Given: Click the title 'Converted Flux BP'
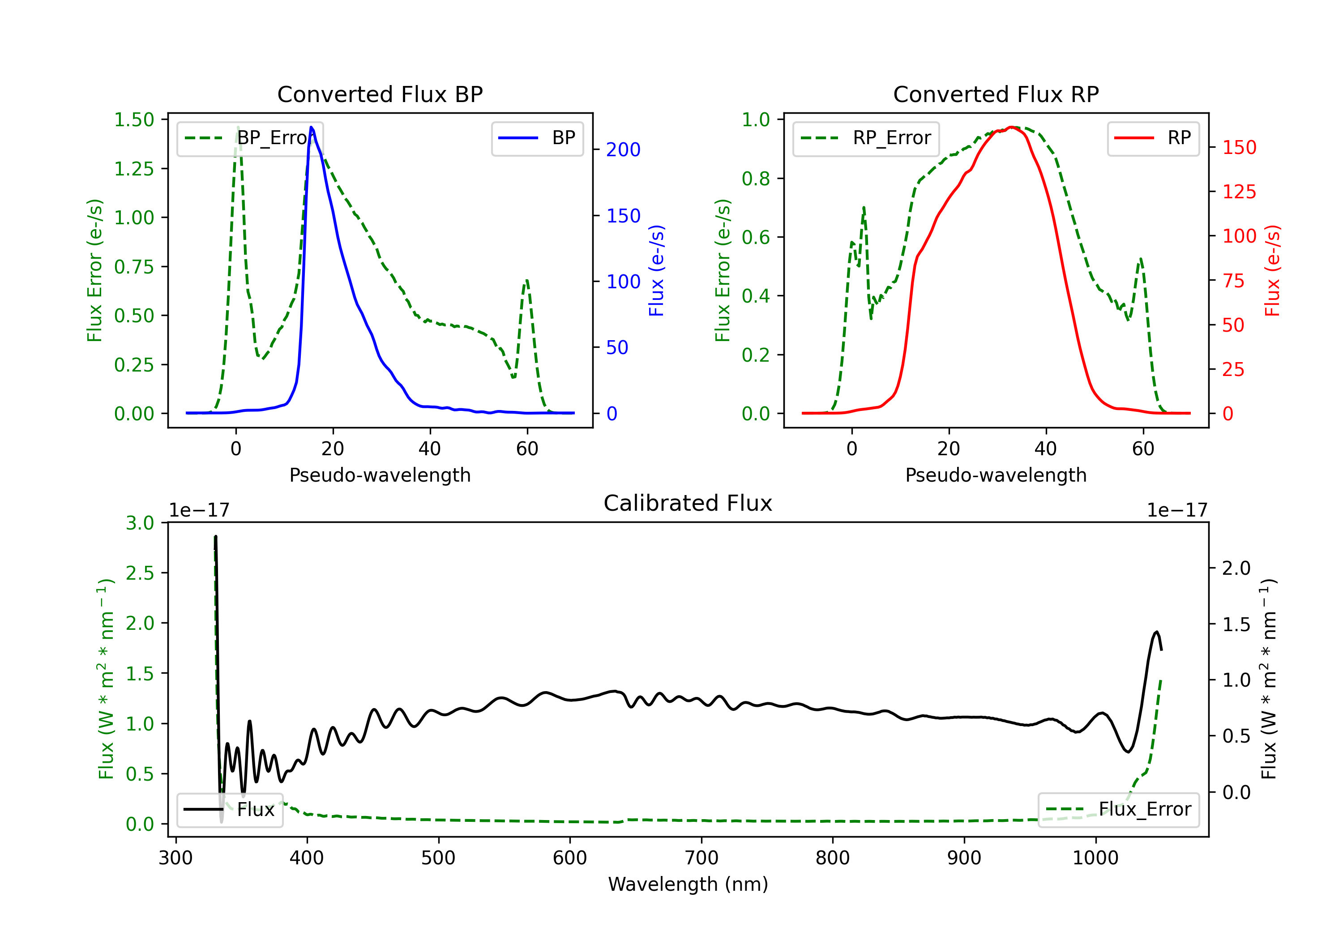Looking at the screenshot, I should click(x=380, y=94).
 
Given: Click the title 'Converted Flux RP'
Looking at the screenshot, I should click(x=996, y=94).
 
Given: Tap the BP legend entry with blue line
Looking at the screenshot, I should click(x=538, y=138).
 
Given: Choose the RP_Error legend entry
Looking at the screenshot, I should click(x=866, y=138).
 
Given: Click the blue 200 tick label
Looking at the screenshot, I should click(x=623, y=150).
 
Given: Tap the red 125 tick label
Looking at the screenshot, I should click(x=1239, y=192).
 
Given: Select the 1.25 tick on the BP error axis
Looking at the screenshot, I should click(x=134, y=169).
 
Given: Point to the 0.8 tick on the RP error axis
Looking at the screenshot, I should click(x=756, y=179).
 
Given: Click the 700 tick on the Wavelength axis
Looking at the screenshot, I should click(x=701, y=858).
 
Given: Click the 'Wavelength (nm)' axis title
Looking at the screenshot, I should click(x=688, y=884).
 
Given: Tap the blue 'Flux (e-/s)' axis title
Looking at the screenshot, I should click(x=656, y=270).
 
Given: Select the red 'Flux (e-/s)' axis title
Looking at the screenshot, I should click(x=1272, y=270).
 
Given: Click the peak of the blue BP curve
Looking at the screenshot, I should click(x=311, y=127).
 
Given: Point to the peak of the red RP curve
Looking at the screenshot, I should click(x=1011, y=127).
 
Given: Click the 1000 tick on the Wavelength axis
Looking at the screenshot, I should click(x=1095, y=858).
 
